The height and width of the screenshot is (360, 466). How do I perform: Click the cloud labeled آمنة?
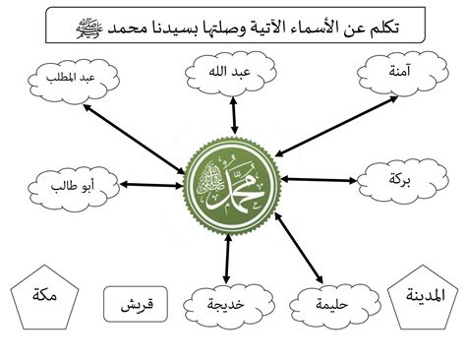pyautogui.click(x=402, y=73)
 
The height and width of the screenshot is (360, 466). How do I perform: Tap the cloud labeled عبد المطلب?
pyautogui.click(x=74, y=81)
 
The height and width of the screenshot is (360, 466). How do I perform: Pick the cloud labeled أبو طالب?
pyautogui.click(x=74, y=189)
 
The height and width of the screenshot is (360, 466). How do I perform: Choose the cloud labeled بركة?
pyautogui.click(x=402, y=180)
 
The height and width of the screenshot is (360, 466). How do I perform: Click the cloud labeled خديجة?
pyautogui.click(x=229, y=307)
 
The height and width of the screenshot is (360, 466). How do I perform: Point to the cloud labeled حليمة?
pyautogui.click(x=335, y=307)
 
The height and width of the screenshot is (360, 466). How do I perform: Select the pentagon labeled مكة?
pyautogui.click(x=45, y=298)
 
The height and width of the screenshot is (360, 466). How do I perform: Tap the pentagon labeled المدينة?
pyautogui.click(x=423, y=298)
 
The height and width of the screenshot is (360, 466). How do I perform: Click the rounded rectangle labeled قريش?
pyautogui.click(x=136, y=304)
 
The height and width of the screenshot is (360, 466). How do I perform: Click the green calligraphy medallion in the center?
pyautogui.click(x=232, y=186)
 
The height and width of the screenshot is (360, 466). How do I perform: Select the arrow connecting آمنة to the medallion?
pyautogui.click(x=336, y=126)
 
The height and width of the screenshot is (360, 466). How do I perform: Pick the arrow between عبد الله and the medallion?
pyautogui.click(x=234, y=115)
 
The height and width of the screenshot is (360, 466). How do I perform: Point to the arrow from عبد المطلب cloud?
pyautogui.click(x=134, y=139)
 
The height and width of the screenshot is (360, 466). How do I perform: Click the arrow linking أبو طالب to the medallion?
pyautogui.click(x=151, y=185)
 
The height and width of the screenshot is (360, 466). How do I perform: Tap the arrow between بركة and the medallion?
pyautogui.click(x=319, y=180)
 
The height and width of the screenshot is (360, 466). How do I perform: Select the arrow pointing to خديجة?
pyautogui.click(x=227, y=259)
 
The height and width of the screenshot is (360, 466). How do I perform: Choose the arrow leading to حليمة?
pyautogui.click(x=299, y=248)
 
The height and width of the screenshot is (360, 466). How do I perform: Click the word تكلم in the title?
pyautogui.click(x=383, y=27)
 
